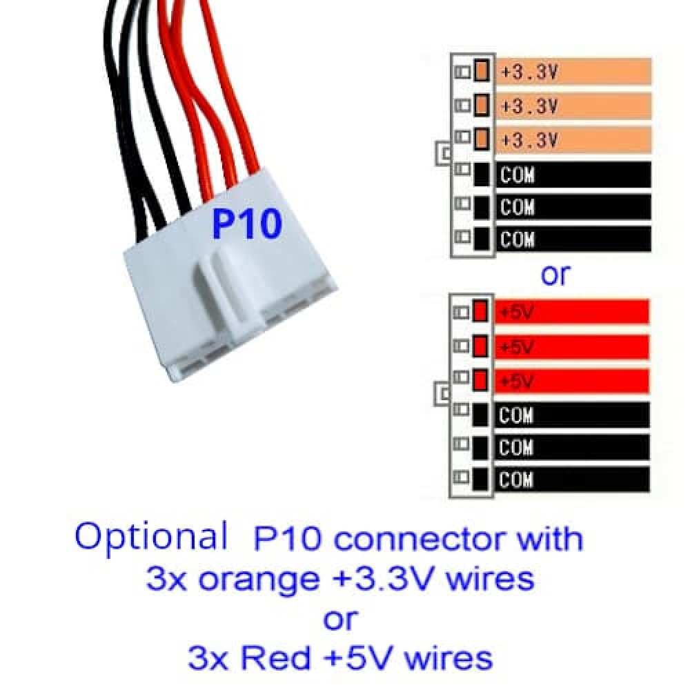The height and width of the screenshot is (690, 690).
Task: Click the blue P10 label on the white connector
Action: click(x=246, y=224)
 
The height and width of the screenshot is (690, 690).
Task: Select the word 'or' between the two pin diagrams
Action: click(x=555, y=275)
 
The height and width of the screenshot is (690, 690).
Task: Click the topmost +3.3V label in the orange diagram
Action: click(x=529, y=72)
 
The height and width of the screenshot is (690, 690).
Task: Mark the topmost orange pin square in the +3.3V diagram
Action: click(x=482, y=70)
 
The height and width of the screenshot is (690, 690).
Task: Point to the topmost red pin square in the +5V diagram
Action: click(x=480, y=312)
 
